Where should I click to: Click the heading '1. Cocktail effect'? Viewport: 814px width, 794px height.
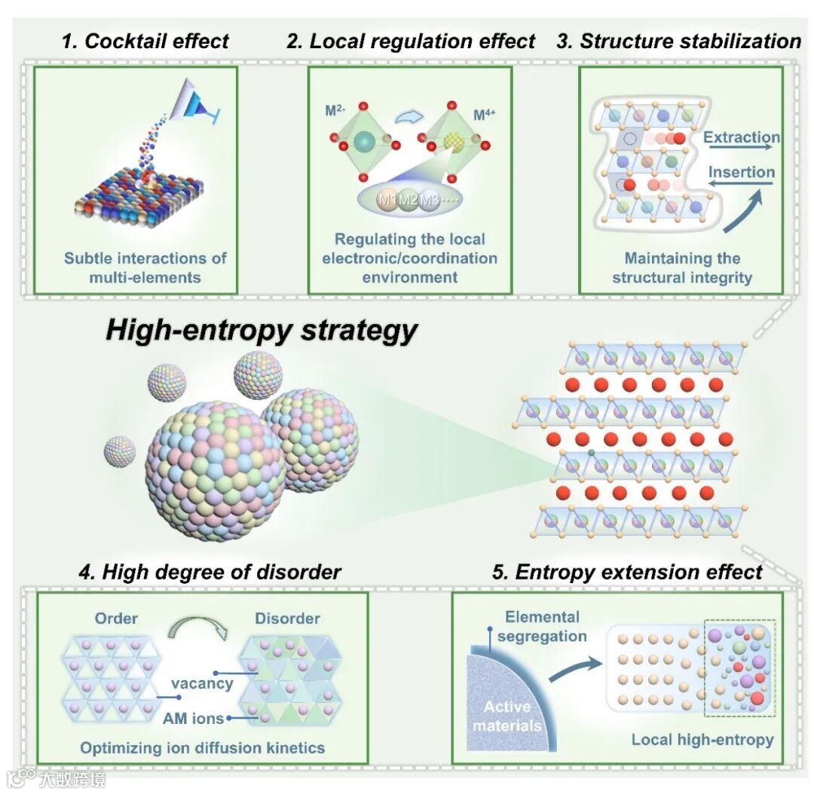click(145, 41)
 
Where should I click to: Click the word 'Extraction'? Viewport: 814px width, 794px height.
click(741, 137)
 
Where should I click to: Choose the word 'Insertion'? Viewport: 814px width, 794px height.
click(741, 172)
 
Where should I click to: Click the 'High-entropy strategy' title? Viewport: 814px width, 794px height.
click(261, 330)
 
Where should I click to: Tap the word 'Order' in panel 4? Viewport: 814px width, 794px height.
click(116, 618)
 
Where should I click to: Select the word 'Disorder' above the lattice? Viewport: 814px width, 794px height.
click(287, 618)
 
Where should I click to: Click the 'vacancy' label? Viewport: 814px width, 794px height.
click(202, 683)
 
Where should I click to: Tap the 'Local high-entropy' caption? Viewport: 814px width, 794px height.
click(702, 740)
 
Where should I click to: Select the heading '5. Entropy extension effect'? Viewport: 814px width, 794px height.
click(627, 572)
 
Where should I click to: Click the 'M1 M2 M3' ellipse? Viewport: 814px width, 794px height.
click(409, 201)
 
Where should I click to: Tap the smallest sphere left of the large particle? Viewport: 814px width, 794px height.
click(120, 450)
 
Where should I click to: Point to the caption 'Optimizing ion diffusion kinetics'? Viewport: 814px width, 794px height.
click(203, 748)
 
